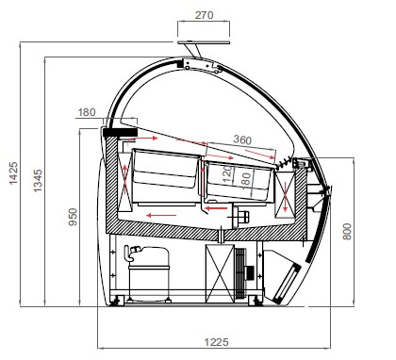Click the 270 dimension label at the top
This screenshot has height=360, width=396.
pos(204,15)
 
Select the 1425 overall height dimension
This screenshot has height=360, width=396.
pos(13,173)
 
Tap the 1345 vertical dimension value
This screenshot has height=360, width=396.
pos(38,181)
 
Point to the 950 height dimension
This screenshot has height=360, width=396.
pos(73,217)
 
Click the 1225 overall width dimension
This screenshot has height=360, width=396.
pos(216,342)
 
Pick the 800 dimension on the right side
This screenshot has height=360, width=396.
pos(347,232)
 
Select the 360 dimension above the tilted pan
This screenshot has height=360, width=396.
pos(242,139)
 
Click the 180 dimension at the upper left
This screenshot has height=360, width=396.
pos(87,112)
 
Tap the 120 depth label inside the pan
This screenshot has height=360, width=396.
pos(227,174)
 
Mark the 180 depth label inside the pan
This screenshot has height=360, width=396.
pos(246,179)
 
